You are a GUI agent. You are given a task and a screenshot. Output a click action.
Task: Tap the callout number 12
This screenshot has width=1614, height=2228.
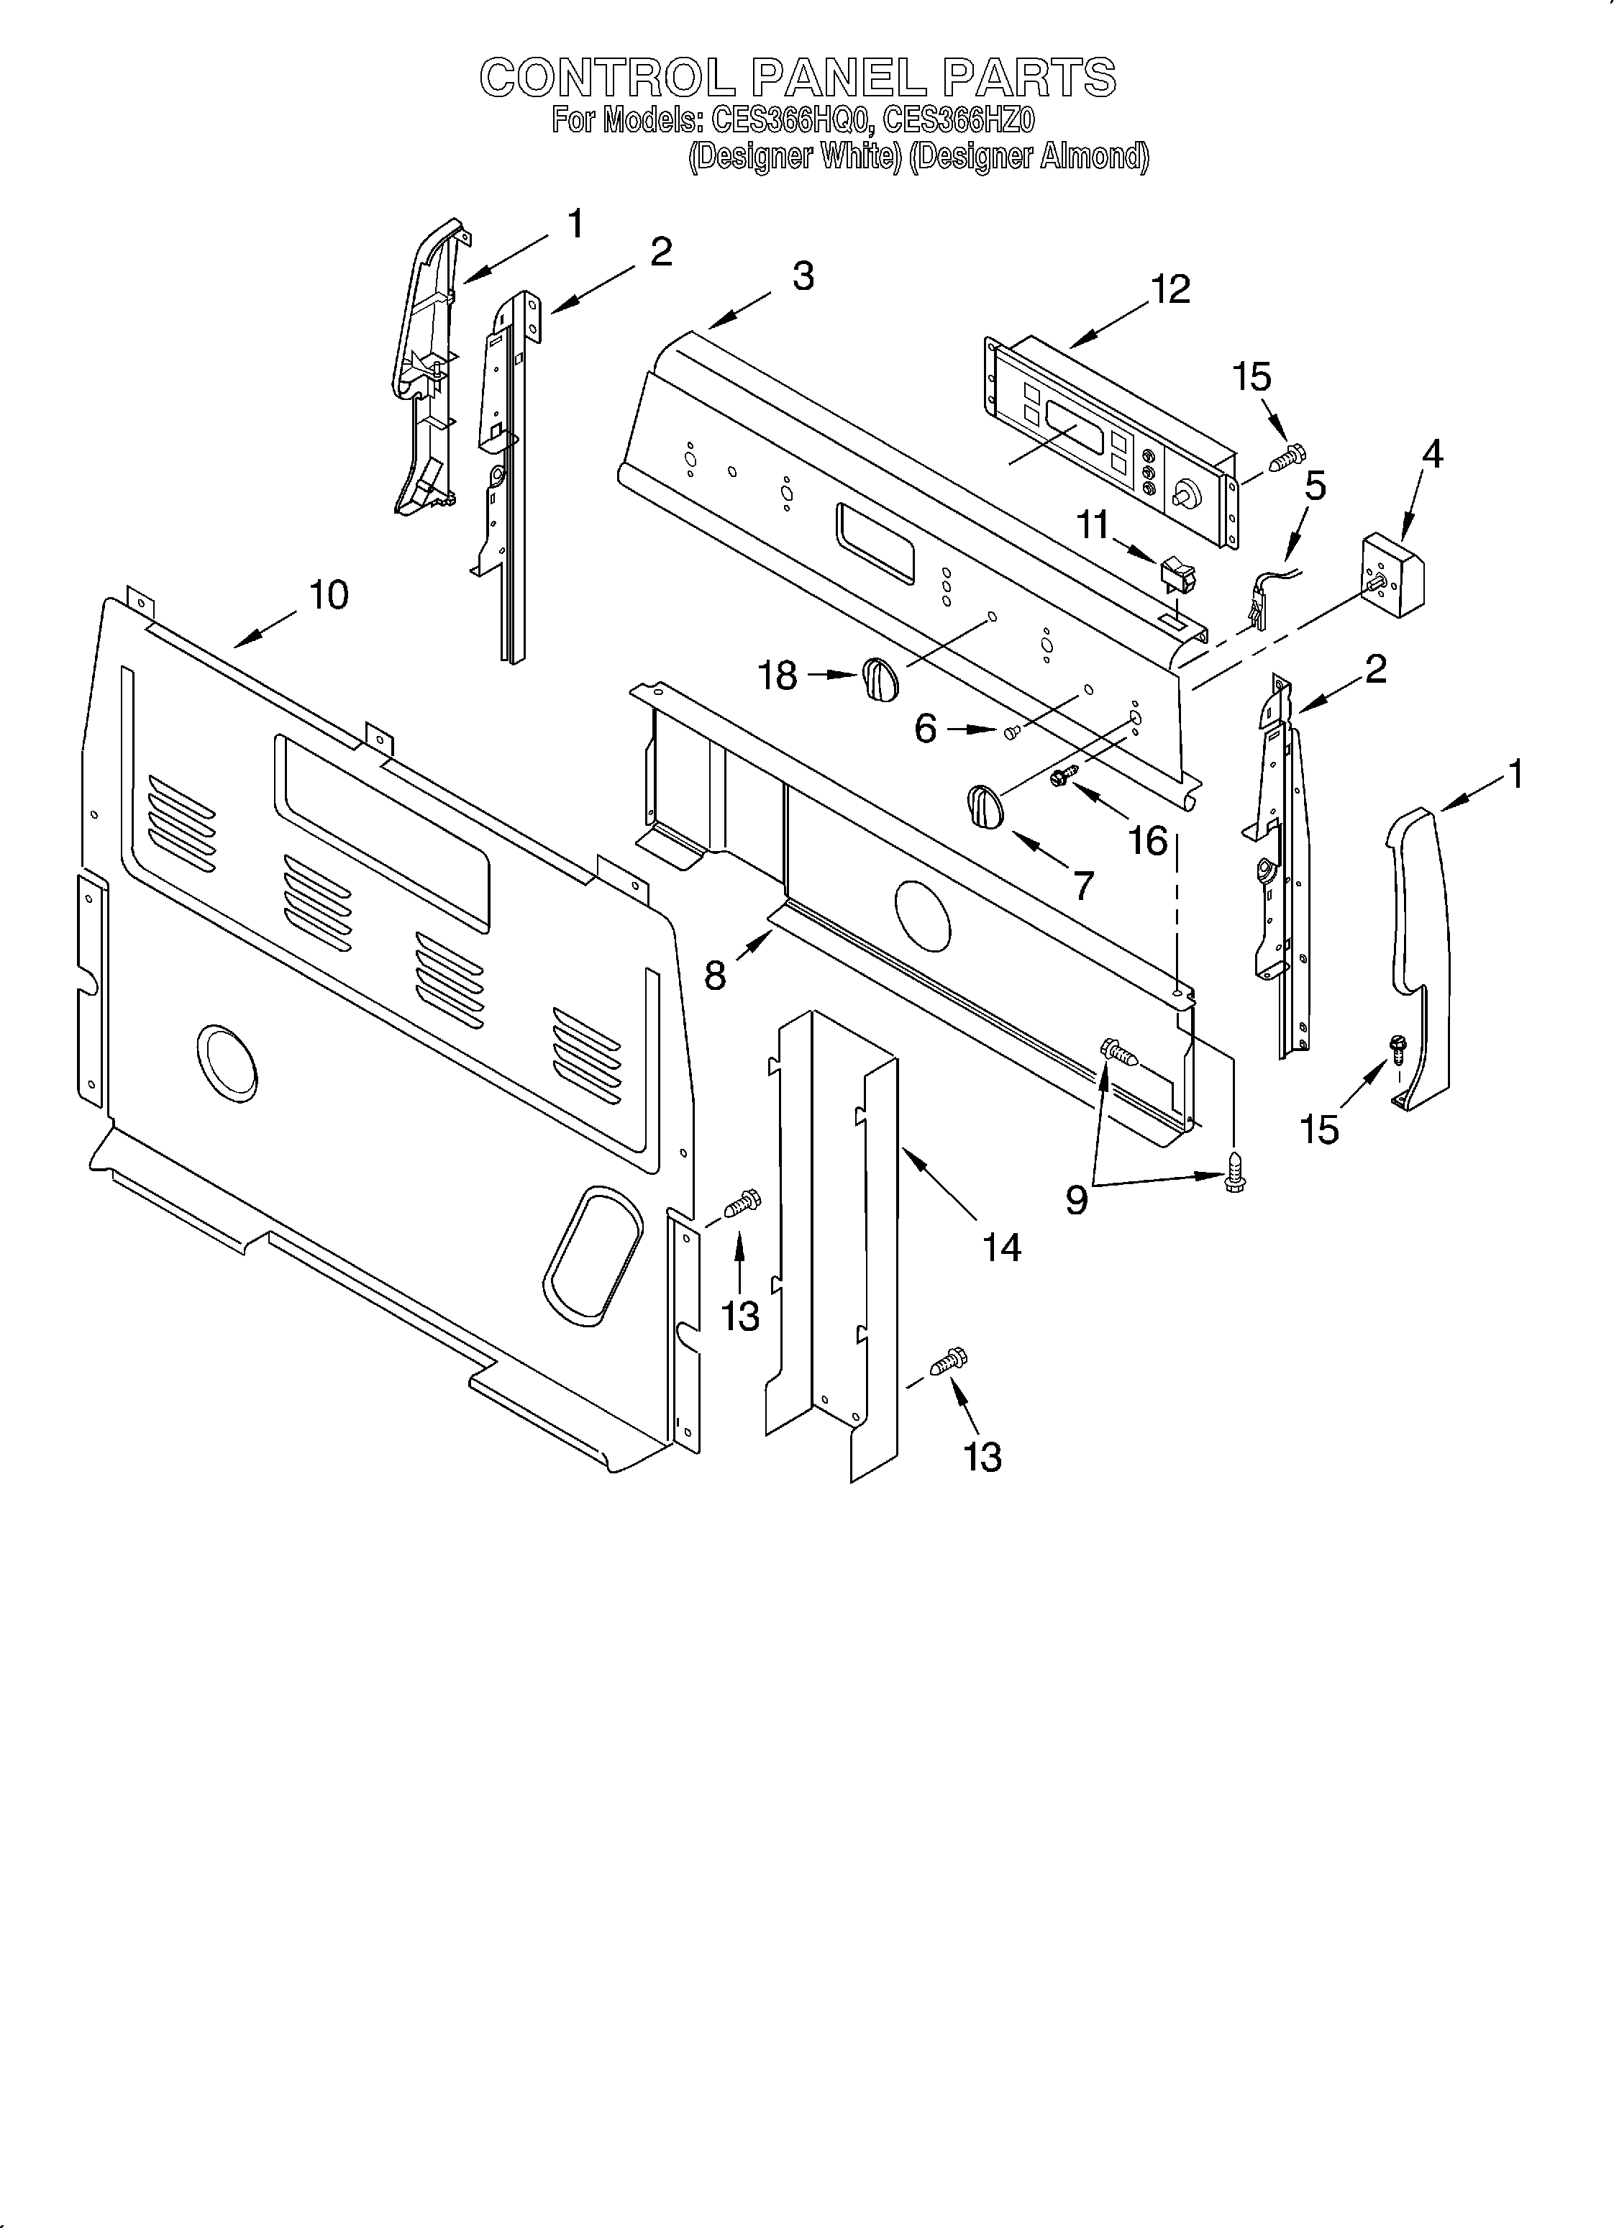pyautogui.click(x=1170, y=288)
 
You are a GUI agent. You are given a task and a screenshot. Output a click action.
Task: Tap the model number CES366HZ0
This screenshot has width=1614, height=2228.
pyautogui.click(x=958, y=121)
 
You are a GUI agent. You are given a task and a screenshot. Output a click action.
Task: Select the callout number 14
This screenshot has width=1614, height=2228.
pyautogui.click(x=1001, y=1247)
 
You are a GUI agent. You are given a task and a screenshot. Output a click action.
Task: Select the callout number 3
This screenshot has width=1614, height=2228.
pyautogui.click(x=803, y=276)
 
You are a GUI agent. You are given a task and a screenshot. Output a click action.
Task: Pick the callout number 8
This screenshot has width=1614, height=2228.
pyautogui.click(x=715, y=976)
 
